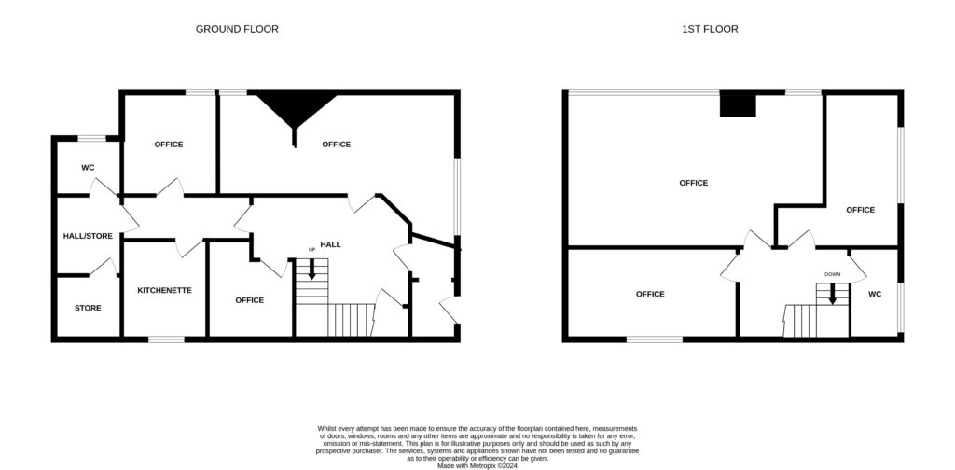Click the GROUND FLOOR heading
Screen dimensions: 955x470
click(x=237, y=29)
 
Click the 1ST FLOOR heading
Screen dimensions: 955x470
click(x=710, y=29)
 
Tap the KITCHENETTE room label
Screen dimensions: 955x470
click(x=164, y=290)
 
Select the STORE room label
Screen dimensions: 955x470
click(x=88, y=308)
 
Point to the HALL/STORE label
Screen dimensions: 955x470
click(x=88, y=236)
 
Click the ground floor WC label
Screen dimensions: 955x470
click(x=88, y=168)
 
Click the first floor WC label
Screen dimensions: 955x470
click(x=875, y=294)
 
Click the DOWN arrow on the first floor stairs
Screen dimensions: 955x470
click(x=832, y=294)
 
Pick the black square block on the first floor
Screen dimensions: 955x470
click(x=738, y=104)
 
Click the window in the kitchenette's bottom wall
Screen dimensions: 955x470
click(x=166, y=339)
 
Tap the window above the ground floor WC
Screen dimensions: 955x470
click(x=92, y=139)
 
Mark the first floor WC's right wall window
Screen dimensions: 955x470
click(x=901, y=308)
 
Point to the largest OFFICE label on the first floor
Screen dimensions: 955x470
click(x=694, y=183)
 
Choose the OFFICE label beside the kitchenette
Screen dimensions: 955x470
click(x=250, y=300)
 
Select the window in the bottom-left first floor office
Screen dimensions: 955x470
click(x=655, y=339)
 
